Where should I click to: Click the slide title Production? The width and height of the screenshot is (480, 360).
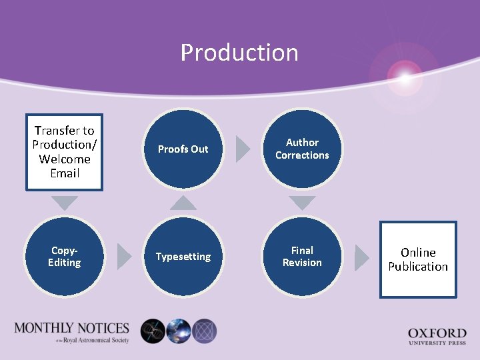coord(239,53)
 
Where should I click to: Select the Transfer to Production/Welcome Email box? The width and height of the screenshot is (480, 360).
coord(65,152)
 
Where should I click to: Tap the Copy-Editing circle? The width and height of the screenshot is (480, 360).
coord(65,257)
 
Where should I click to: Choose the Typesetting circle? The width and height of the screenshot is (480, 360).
coord(183,257)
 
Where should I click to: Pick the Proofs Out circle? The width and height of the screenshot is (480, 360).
coord(183,149)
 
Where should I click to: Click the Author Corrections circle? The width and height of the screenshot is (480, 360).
coord(302,149)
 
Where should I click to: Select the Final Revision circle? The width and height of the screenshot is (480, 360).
coord(302,257)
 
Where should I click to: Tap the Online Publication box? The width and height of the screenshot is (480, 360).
coord(418,259)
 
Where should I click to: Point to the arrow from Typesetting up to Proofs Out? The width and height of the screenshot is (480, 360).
coord(183,201)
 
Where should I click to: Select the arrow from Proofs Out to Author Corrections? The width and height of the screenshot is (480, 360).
coord(243,149)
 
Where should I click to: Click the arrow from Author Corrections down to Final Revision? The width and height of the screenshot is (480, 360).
coord(302,203)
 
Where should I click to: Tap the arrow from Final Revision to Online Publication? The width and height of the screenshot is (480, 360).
coord(361,258)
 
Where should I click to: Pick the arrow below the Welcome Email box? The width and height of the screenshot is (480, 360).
coord(65,203)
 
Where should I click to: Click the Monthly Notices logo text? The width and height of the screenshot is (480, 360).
coord(71,331)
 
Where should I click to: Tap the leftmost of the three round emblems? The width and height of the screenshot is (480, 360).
coord(153,331)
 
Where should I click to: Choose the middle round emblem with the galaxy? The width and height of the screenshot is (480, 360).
coord(179,331)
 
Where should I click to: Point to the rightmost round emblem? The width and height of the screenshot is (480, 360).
coord(204,331)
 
